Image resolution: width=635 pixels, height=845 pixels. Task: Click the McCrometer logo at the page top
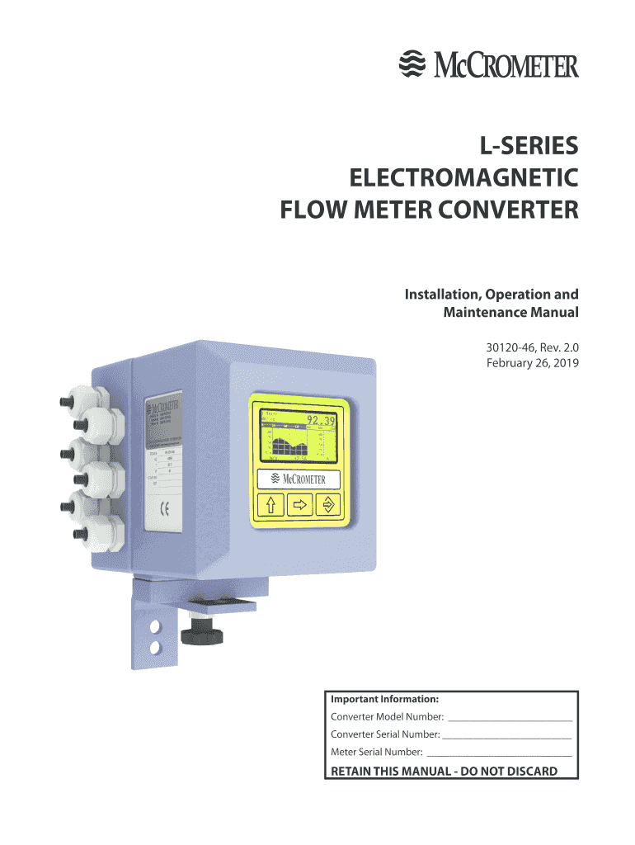pos(488,64)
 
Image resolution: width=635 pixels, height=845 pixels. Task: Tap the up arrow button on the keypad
pos(273,505)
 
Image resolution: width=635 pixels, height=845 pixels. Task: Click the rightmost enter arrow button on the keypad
pos(328,505)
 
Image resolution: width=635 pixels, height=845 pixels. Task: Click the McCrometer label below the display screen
pos(299,479)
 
